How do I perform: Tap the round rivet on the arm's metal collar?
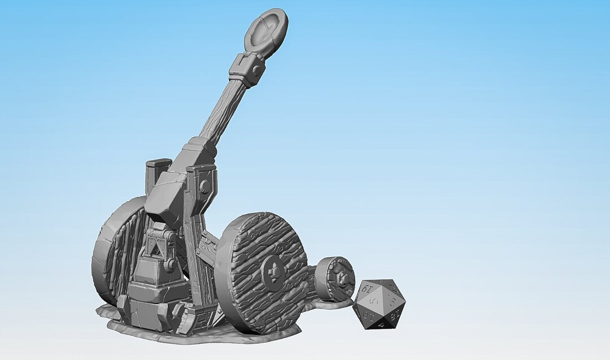click(257, 70)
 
